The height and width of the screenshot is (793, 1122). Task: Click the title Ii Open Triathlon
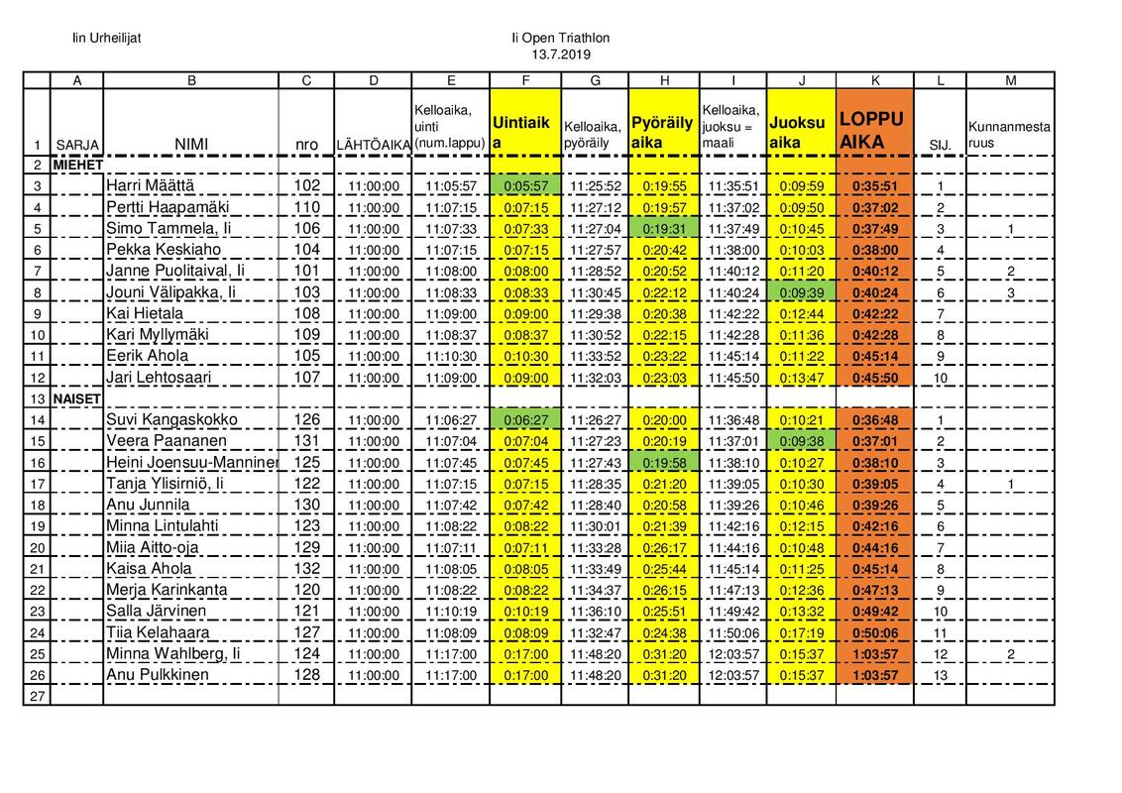pyautogui.click(x=560, y=38)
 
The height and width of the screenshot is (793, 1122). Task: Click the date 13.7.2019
pyautogui.click(x=560, y=54)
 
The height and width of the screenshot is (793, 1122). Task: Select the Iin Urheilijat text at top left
pyautogui.click(x=107, y=38)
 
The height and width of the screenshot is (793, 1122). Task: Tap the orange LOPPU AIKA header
pyautogui.click(x=873, y=130)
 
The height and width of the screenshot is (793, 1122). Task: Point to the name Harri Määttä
pyautogui.click(x=151, y=185)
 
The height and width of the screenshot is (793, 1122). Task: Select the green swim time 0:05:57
pyautogui.click(x=525, y=185)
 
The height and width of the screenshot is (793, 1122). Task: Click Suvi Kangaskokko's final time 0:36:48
pyautogui.click(x=875, y=419)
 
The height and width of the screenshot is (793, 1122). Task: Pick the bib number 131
pyautogui.click(x=306, y=440)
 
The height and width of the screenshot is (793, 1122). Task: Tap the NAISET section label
pyautogui.click(x=77, y=398)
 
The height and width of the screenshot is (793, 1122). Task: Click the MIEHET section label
pyautogui.click(x=78, y=165)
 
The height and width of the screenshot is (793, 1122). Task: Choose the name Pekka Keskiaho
pyautogui.click(x=164, y=250)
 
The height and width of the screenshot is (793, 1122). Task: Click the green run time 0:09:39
pyautogui.click(x=801, y=292)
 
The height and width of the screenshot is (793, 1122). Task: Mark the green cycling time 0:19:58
pyautogui.click(x=664, y=462)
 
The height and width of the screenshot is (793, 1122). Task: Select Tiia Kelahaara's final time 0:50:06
pyautogui.click(x=875, y=632)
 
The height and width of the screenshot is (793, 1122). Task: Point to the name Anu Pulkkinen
pyautogui.click(x=158, y=675)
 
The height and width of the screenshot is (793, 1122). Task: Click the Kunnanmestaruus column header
pyautogui.click(x=1009, y=135)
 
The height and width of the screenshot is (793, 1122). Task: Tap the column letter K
pyautogui.click(x=875, y=81)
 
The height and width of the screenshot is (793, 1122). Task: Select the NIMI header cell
pyautogui.click(x=191, y=145)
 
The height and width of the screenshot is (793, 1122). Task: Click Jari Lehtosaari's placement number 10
pyautogui.click(x=940, y=378)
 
